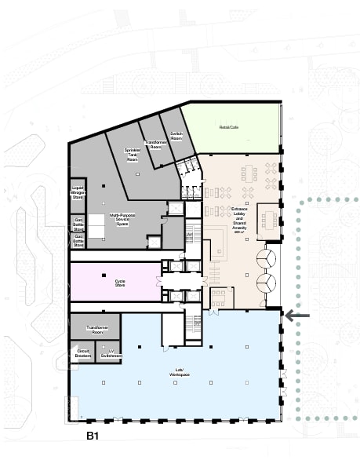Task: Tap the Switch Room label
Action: point(176,136)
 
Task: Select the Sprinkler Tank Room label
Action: point(132,154)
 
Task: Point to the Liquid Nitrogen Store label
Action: point(78,191)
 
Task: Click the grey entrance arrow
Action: point(297,316)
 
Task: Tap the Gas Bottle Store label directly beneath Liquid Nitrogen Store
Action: point(78,221)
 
